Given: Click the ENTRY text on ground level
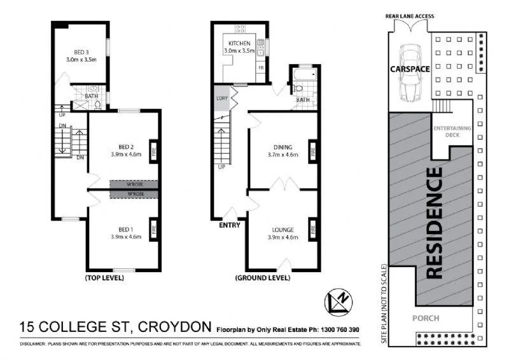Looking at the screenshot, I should (x=229, y=225).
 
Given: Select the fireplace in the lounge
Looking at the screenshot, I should (x=312, y=227).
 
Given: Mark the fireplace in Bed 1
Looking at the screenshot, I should (x=153, y=227).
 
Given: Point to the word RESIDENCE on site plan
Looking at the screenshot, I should (x=435, y=223).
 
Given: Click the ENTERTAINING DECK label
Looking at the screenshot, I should (x=452, y=132).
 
